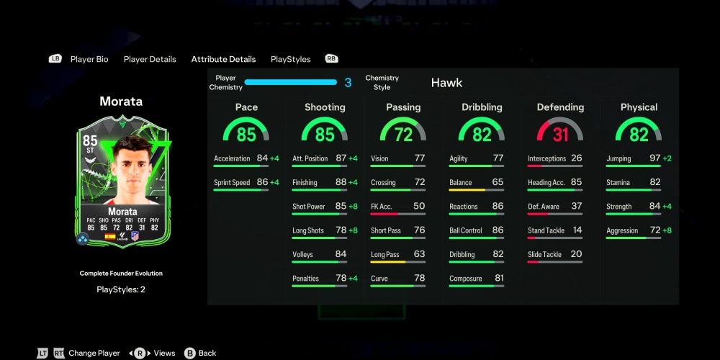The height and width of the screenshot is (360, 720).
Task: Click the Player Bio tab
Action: [89, 59]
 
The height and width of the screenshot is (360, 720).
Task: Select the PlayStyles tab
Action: [290, 59]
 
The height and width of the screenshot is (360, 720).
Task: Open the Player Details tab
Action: [150, 59]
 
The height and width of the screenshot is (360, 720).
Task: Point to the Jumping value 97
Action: [654, 158]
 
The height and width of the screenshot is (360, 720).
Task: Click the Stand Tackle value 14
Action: [577, 230]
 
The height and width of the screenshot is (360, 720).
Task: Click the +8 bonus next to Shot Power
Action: [353, 207]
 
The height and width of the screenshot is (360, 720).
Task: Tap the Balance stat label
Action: [461, 183]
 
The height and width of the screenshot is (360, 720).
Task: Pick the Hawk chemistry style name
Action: [446, 83]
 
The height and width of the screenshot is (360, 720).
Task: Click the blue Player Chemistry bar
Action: [291, 83]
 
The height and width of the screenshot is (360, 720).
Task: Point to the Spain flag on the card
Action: [110, 235]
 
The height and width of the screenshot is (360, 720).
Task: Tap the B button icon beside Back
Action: [189, 353]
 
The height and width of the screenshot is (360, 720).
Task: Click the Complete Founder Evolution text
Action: [121, 274]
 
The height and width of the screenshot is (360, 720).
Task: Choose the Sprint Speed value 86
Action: [262, 183]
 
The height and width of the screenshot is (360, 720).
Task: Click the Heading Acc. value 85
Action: [577, 183]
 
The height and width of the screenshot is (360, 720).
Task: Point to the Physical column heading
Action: [639, 107]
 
